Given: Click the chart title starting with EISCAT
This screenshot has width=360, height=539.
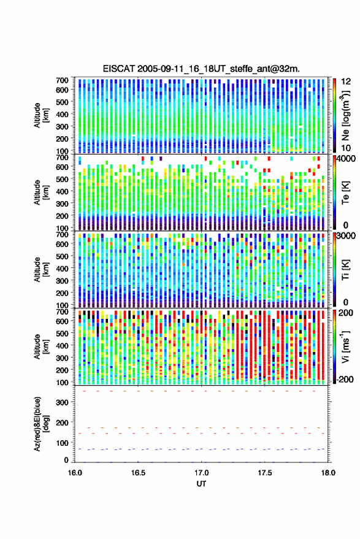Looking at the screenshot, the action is pyautogui.click(x=201, y=69).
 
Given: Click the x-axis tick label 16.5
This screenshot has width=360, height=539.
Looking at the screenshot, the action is pyautogui.click(x=138, y=473).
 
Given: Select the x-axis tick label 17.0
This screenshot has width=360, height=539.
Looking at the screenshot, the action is pyautogui.click(x=202, y=473).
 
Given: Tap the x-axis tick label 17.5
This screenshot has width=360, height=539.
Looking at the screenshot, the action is pyautogui.click(x=265, y=473).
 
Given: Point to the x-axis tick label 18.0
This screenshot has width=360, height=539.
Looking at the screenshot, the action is pyautogui.click(x=328, y=473).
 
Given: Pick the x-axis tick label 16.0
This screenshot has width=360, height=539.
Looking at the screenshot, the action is pyautogui.click(x=75, y=473).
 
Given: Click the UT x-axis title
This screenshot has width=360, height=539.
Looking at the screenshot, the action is pyautogui.click(x=202, y=484).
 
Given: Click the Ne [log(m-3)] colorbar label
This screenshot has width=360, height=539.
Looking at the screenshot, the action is pyautogui.click(x=345, y=115).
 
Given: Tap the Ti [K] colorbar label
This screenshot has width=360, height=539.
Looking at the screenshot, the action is pyautogui.click(x=345, y=270).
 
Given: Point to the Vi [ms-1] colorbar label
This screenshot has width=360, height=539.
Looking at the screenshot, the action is pyautogui.click(x=345, y=346).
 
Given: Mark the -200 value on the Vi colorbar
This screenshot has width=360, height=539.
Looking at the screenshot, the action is pyautogui.click(x=343, y=380).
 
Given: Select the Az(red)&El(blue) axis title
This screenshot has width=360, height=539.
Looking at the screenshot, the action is pyautogui.click(x=41, y=424).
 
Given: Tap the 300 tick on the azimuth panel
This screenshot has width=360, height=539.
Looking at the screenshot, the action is pyautogui.click(x=62, y=402).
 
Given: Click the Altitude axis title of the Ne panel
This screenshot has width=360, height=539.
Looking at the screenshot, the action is pyautogui.click(x=41, y=115).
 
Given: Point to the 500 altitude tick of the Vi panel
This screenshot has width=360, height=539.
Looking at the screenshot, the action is pyautogui.click(x=62, y=334).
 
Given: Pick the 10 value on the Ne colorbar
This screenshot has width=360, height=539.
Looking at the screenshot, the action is pyautogui.click(x=346, y=148).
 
